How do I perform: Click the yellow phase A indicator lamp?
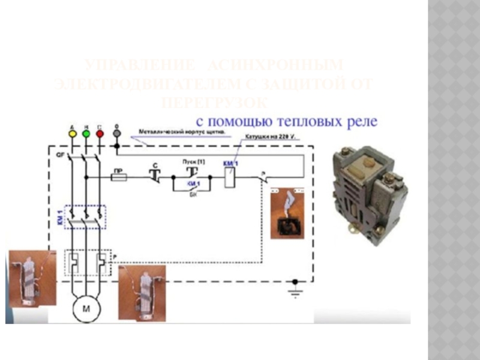(73, 134)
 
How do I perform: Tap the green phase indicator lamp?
(86, 134)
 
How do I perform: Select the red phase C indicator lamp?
(100, 134)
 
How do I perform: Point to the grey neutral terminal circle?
(117, 134)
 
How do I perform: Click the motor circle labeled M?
(85, 310)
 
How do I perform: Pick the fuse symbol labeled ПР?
(119, 178)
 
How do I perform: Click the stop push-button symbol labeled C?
(154, 175)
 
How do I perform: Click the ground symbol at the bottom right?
(294, 293)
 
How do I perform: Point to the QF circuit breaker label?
(60, 155)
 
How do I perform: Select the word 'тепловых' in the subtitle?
(311, 122)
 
